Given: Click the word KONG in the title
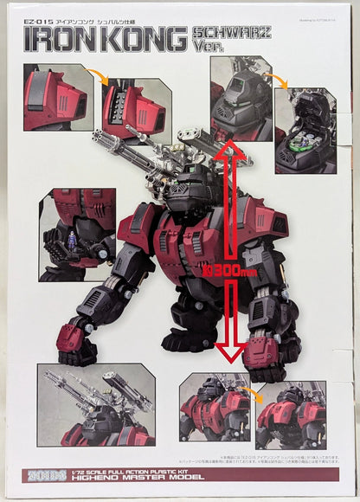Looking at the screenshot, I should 141,43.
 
